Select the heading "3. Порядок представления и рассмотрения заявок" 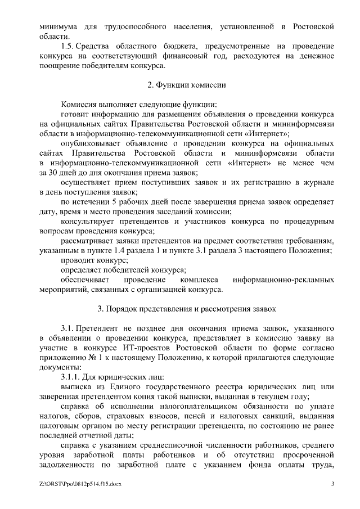point(186,309)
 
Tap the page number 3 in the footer point(332,484)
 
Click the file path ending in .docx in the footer point(80,484)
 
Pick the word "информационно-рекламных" point(284,280)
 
